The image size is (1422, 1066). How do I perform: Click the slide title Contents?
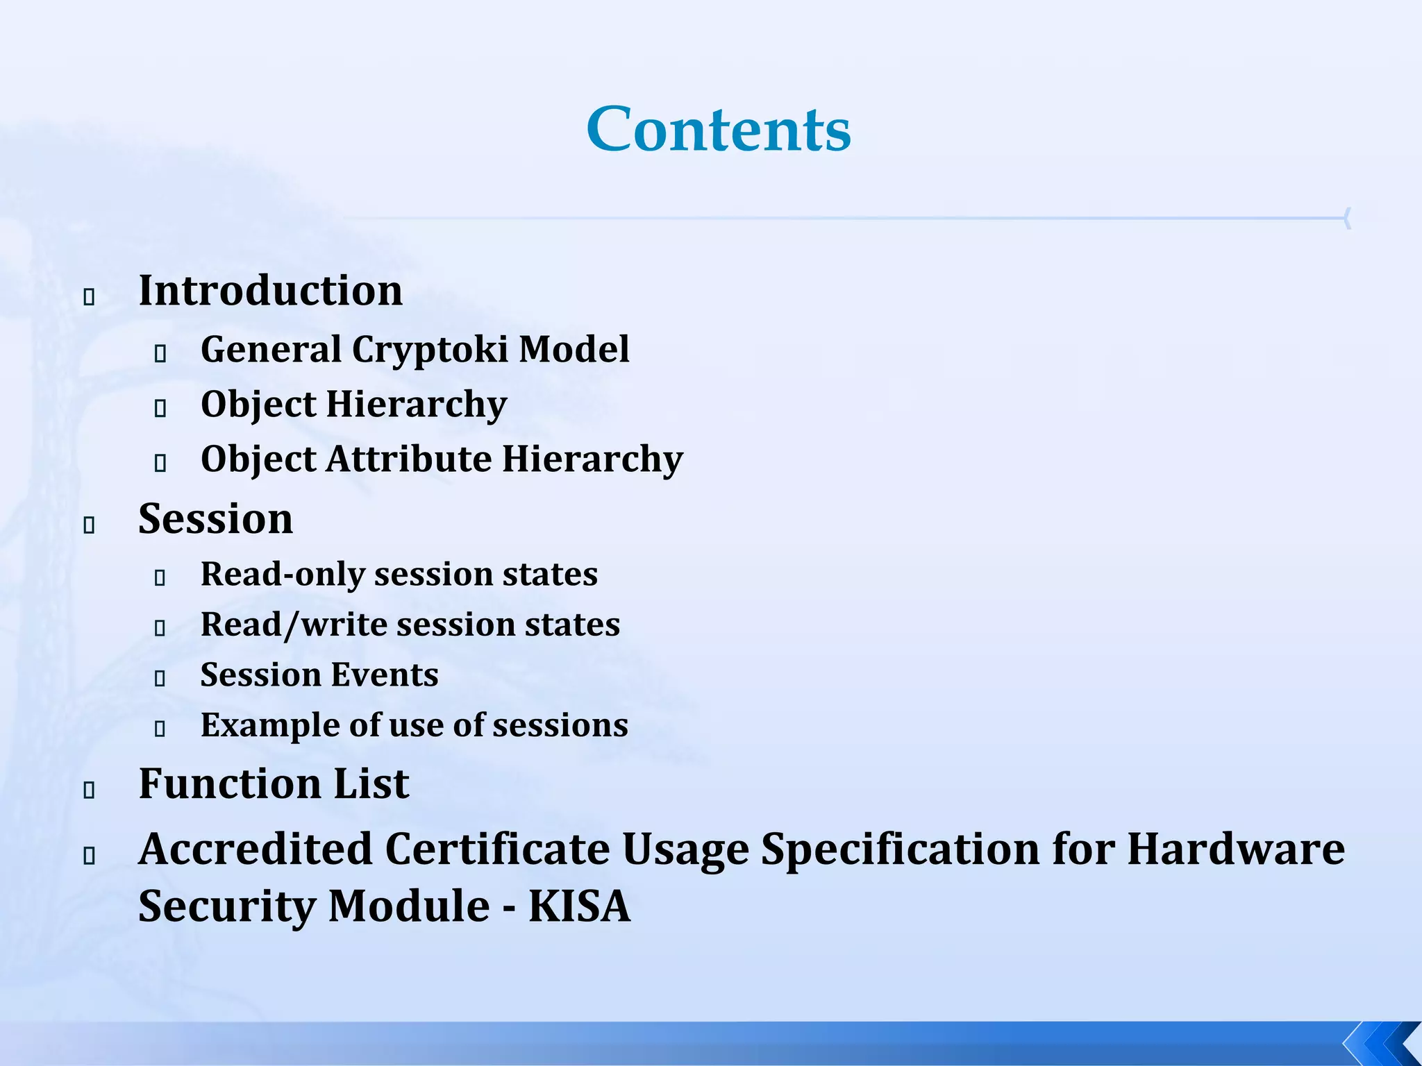719,130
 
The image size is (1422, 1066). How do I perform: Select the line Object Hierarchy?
353,404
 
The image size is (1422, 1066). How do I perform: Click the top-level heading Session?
215,518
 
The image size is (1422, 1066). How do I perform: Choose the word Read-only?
282,574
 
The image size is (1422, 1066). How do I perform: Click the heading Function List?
274,784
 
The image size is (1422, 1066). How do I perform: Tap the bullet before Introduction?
89,298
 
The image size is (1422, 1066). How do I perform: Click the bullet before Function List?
89,790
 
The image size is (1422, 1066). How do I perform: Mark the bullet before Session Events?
160,679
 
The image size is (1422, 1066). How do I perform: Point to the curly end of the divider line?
1347,218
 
